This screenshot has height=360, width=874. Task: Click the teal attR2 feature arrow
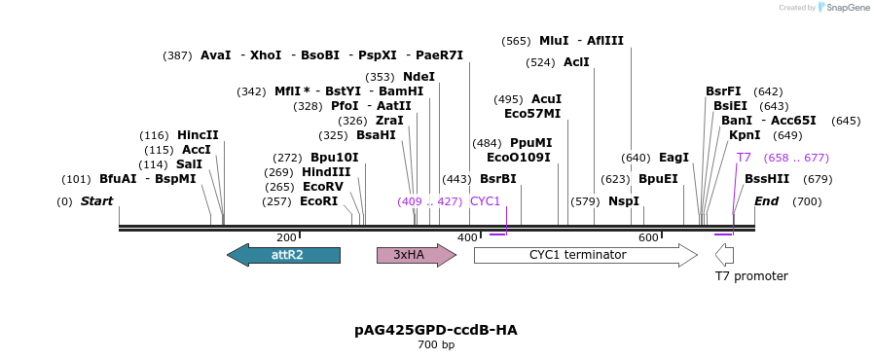283,255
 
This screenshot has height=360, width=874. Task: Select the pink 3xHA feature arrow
416,255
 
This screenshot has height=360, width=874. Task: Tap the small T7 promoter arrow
724,255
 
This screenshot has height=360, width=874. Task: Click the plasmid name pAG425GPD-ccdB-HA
436,330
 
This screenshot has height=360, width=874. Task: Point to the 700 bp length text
436,345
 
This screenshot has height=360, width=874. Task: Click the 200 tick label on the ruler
286,237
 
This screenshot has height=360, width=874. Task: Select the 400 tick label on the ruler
467,237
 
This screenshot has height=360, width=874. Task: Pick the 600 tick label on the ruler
648,237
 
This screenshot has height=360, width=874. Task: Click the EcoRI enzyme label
318,201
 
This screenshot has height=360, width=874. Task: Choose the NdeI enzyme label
419,77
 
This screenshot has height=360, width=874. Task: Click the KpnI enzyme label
745,135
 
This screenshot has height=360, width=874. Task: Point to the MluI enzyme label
553,41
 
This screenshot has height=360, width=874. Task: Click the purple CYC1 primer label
485,201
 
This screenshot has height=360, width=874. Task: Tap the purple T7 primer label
744,158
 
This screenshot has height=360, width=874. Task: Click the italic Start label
96,201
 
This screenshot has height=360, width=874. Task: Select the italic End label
766,201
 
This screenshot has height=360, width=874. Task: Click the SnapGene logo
844,8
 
